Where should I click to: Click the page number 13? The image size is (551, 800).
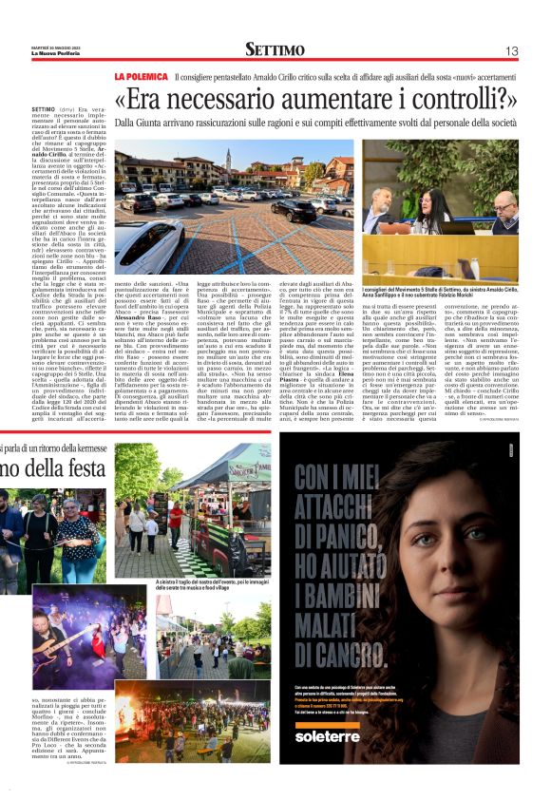pyautogui.click(x=511, y=51)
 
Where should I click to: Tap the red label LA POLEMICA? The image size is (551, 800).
pyautogui.click(x=141, y=75)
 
